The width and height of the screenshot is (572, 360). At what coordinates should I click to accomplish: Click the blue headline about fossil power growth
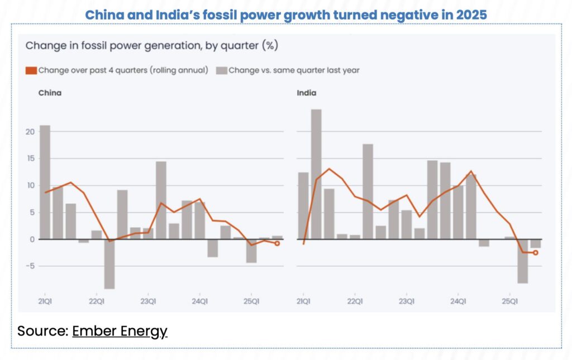click(x=285, y=15)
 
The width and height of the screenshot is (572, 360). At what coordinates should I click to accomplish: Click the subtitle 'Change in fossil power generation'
click(x=151, y=45)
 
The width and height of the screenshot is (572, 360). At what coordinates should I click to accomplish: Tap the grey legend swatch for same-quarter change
click(x=221, y=70)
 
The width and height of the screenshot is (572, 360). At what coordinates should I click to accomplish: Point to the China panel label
click(x=50, y=93)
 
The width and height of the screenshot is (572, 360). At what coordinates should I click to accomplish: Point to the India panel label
click(x=306, y=93)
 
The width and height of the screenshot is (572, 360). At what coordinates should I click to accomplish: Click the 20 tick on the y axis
click(x=29, y=132)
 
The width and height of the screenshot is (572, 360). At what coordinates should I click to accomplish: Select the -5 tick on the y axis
click(x=29, y=266)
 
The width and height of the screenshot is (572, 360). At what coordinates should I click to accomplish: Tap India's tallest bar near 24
click(x=316, y=174)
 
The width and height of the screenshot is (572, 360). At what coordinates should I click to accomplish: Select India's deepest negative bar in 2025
click(x=523, y=261)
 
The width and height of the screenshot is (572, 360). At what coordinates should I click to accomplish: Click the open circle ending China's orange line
click(x=277, y=243)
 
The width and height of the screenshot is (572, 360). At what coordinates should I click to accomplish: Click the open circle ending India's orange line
click(x=536, y=252)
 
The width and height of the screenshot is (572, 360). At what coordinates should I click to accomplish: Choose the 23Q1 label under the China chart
click(x=148, y=301)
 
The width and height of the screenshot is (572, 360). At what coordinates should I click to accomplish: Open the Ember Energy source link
click(x=120, y=331)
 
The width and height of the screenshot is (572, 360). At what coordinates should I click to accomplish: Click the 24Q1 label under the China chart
click(x=199, y=301)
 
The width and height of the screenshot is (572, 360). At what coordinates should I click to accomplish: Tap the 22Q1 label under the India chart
click(x=355, y=301)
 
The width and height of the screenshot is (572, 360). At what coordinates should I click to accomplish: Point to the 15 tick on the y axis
click(x=29, y=159)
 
